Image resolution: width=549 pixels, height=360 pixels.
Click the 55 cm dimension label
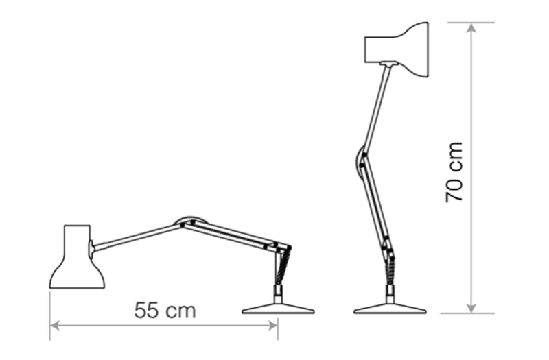165,311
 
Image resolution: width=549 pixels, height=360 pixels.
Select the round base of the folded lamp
277,308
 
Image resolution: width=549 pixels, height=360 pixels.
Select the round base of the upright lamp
389,308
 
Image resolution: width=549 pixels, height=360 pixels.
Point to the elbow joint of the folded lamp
187,221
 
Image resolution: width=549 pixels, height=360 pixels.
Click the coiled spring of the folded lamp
281,267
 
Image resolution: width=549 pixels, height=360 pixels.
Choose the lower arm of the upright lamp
376,206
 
